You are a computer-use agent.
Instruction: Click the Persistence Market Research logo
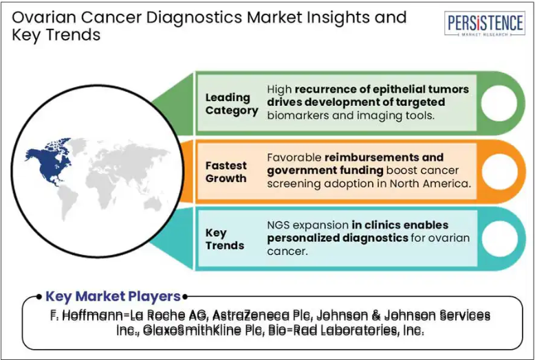click(485, 23)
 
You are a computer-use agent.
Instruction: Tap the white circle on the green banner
click(499, 103)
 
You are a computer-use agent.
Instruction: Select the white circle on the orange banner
click(499, 172)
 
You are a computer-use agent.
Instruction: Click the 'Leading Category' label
click(232, 104)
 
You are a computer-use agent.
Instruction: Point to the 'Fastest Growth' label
click(226, 172)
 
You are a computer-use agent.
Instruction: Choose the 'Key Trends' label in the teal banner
click(224, 239)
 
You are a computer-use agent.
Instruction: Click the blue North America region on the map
click(50, 161)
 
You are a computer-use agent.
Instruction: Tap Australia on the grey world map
click(153, 204)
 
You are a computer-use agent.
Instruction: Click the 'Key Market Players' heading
click(113, 296)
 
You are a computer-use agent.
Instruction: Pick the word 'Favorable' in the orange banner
click(294, 157)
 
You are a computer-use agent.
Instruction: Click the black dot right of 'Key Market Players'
click(184, 297)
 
